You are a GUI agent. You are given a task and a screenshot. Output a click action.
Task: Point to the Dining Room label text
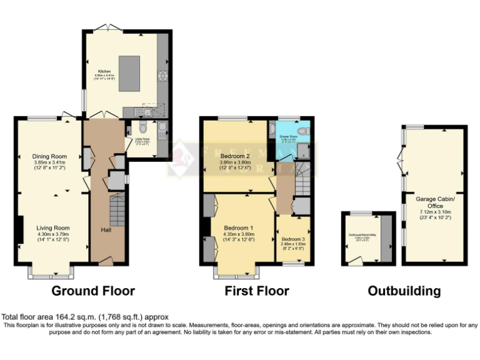click(49, 156)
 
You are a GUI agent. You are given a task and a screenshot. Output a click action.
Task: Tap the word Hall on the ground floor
click(106, 229)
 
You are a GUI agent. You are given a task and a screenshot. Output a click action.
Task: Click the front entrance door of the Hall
click(106, 261)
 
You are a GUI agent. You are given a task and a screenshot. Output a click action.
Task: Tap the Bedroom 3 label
click(292, 239)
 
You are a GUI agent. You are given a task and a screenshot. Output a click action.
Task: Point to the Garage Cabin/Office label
click(435, 202)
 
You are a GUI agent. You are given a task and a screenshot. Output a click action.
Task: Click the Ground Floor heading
click(92, 291)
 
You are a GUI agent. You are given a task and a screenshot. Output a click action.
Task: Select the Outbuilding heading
click(404, 291)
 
